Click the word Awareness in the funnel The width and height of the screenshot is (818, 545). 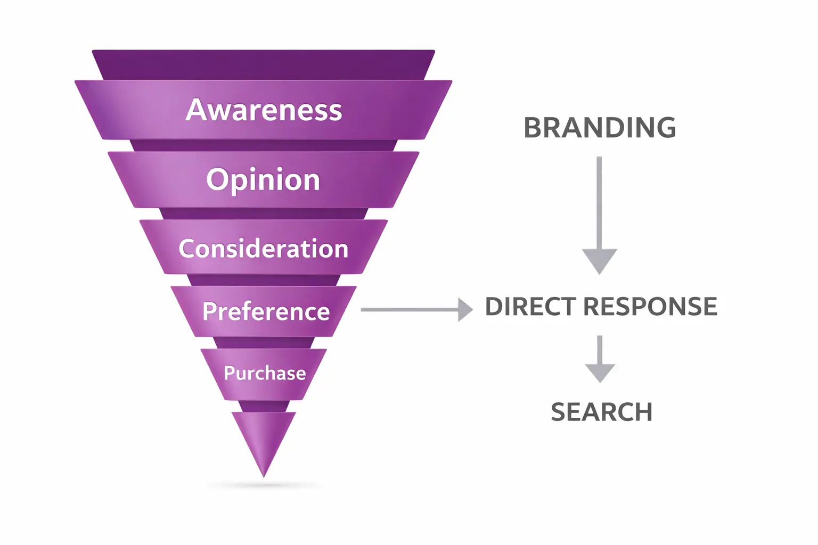pyautogui.click(x=264, y=110)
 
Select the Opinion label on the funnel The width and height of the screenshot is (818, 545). pyautogui.click(x=263, y=180)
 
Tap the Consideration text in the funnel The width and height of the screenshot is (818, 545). pyautogui.click(x=263, y=249)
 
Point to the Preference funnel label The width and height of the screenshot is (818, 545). pyautogui.click(x=266, y=311)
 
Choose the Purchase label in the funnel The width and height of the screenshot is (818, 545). pyautogui.click(x=265, y=373)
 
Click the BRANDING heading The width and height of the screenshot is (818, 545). pyautogui.click(x=600, y=128)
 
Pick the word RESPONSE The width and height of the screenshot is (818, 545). pyautogui.click(x=650, y=307)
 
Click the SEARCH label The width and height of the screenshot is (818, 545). pyautogui.click(x=601, y=412)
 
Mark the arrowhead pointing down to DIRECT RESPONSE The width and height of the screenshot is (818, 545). pyautogui.click(x=600, y=260)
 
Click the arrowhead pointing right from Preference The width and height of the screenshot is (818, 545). pyautogui.click(x=465, y=309)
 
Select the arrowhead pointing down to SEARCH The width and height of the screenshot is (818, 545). pyautogui.click(x=600, y=372)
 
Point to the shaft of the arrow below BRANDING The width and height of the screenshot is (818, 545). pyautogui.click(x=599, y=202)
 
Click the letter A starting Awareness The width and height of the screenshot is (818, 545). pyautogui.click(x=196, y=110)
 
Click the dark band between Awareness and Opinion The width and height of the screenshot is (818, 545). pyautogui.click(x=264, y=146)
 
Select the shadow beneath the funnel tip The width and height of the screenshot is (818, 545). pyautogui.click(x=264, y=485)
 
